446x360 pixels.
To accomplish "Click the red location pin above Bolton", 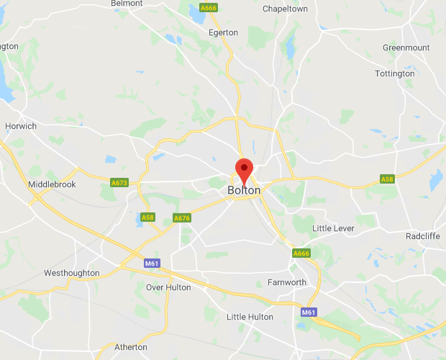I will pos(245,169).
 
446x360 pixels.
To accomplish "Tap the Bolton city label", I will pos(244,190).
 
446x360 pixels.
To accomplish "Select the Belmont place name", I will pos(127,4).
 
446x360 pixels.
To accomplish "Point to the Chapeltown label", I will pos(285,9).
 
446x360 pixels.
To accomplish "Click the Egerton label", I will pos(223,32).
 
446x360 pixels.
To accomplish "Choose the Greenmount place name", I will pos(406,48).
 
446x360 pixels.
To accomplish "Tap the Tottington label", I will pos(395,73).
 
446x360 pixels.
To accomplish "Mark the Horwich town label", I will pos(20,126).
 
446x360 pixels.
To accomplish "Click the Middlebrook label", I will pos(52,185).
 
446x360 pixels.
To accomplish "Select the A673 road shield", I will pos(119,184).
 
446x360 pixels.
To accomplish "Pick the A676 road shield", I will pos(182,218).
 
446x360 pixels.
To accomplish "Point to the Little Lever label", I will pos(335,228).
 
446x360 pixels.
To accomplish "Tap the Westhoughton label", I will pos(72,274).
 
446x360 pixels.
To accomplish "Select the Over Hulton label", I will pos(169,287).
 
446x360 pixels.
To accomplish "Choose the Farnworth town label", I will pos(286,282).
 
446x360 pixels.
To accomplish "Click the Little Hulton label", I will pos(250,317).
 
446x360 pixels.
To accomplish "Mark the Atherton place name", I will pos(131,347).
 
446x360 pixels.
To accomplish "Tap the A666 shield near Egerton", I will pos(209,8).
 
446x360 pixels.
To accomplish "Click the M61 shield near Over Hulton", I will pos(152,264).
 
